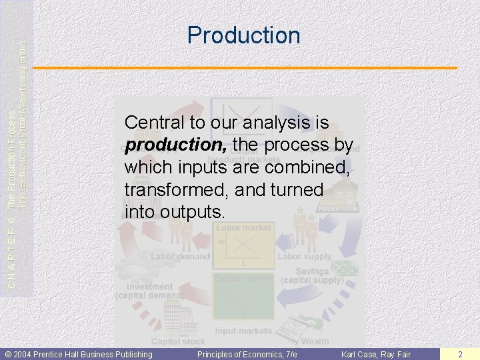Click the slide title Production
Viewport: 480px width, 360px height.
(243, 35)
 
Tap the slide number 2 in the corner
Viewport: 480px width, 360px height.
(461, 354)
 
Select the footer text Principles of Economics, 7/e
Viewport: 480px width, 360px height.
(247, 354)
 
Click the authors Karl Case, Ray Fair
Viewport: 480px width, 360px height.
(376, 354)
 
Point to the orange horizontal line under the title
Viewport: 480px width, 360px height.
(245, 68)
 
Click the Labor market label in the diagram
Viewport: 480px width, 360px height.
(243, 228)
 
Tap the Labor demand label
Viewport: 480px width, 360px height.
(180, 256)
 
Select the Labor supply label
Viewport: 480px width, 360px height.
(304, 256)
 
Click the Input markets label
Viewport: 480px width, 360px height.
(243, 331)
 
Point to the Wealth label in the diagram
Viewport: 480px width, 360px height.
(315, 341)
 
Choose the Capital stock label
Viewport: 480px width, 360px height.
(179, 341)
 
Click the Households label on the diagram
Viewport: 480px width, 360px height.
(338, 208)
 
